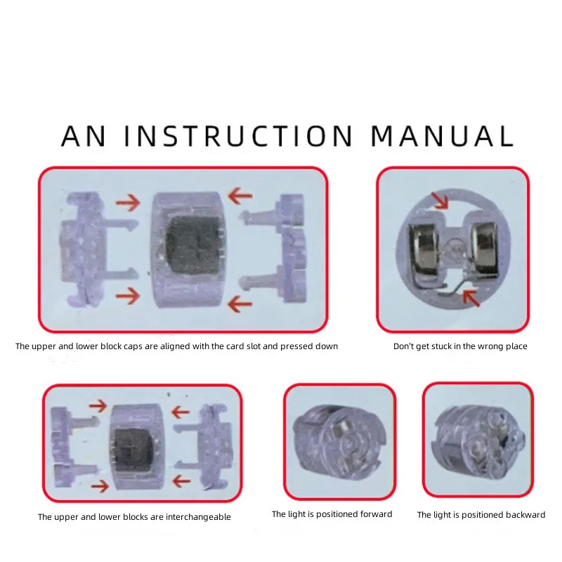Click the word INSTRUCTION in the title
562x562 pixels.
pyautogui.click(x=239, y=136)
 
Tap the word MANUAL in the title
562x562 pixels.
pyautogui.click(x=443, y=136)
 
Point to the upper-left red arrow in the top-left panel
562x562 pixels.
pyautogui.click(x=128, y=202)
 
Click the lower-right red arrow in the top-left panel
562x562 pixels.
pyautogui.click(x=240, y=304)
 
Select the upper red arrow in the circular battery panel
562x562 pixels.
pyautogui.click(x=440, y=200)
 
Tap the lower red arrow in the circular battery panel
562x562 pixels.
pyautogui.click(x=471, y=298)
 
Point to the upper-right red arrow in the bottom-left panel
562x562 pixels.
pyautogui.click(x=181, y=412)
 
